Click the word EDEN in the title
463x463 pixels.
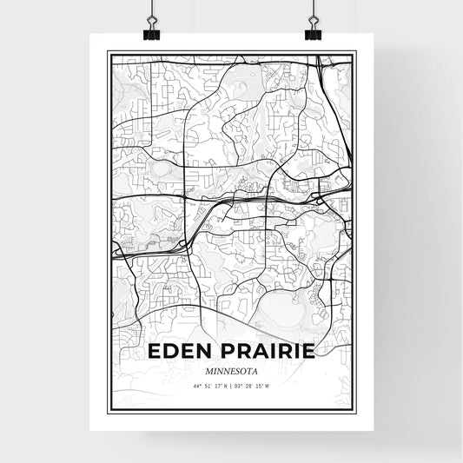[x=179, y=353]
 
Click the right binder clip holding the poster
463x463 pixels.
[x=311, y=23]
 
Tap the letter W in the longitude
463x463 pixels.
[x=267, y=386]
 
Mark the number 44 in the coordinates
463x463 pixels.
[x=197, y=386]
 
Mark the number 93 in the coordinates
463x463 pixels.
[x=238, y=386]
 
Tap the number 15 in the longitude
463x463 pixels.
[x=259, y=386]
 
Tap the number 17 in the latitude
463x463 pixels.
[x=218, y=386]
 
